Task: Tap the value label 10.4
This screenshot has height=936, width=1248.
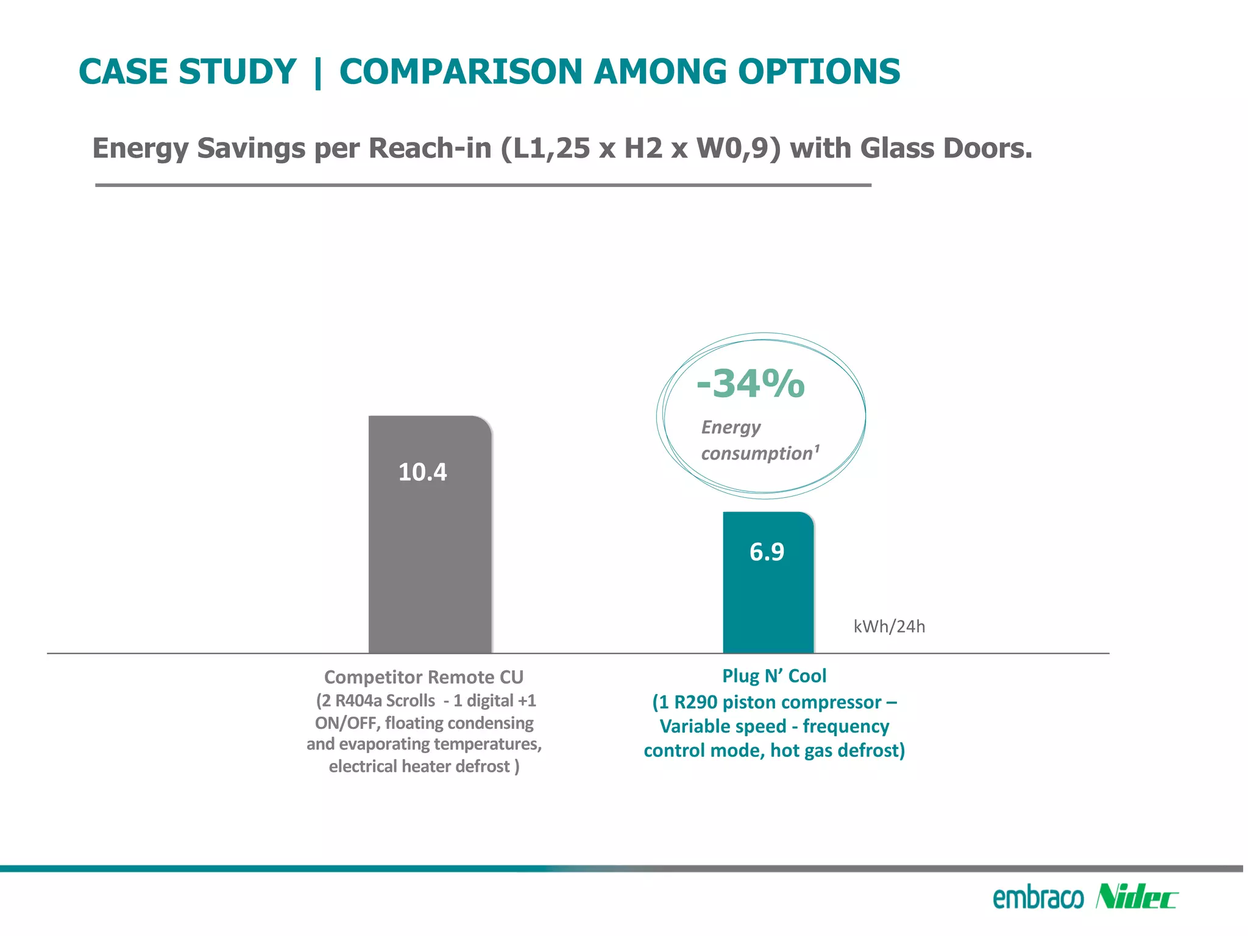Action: (x=422, y=472)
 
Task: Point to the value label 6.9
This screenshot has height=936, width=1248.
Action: (x=767, y=552)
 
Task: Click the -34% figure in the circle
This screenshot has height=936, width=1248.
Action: (x=751, y=384)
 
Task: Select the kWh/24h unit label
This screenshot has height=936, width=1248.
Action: (x=889, y=626)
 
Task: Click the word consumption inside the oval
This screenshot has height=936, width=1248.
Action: (x=757, y=453)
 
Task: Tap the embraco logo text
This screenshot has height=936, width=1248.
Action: (x=1038, y=898)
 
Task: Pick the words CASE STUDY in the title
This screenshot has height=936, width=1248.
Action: (x=187, y=71)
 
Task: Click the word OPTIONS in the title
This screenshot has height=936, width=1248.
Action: (x=819, y=71)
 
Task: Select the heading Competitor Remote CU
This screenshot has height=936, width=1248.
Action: (x=424, y=677)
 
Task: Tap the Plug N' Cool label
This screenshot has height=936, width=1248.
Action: (x=774, y=676)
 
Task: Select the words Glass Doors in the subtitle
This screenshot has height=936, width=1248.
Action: (x=946, y=148)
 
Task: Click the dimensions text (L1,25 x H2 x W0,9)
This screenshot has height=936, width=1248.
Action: (x=640, y=148)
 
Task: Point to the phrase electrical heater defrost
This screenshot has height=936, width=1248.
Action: (x=420, y=766)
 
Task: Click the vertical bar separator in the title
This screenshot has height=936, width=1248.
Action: (x=317, y=71)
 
